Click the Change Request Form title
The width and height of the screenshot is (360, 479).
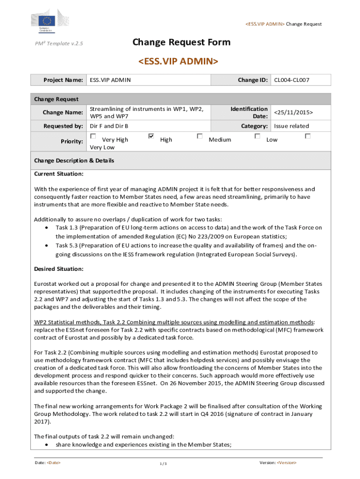point(181,43)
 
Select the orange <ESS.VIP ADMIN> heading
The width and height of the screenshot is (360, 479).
point(178,61)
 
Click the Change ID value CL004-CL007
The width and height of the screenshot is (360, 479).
point(292,80)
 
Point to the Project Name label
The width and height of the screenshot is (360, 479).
point(63,80)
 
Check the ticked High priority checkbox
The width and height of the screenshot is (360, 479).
point(151,136)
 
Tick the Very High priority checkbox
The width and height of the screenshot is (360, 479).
point(93,136)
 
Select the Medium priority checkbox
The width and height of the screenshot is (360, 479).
point(200,136)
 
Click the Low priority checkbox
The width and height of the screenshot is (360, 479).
point(257,136)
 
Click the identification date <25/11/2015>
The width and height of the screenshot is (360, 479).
point(293,113)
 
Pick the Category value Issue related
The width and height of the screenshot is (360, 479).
point(291,126)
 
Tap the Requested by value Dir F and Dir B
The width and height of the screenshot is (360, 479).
point(109,126)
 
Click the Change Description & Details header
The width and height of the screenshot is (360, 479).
point(74,160)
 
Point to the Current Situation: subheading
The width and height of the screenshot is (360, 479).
point(59,174)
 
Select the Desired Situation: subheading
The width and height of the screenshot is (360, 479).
point(59,269)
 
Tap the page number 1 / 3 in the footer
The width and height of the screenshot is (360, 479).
point(163,464)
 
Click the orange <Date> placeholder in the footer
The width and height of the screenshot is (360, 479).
point(54,463)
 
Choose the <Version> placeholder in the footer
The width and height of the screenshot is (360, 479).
point(287,463)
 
